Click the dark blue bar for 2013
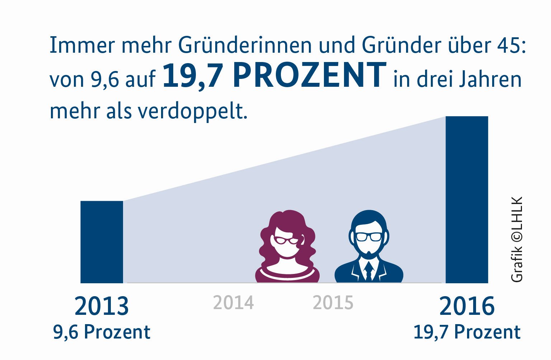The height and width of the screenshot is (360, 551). click(x=102, y=242)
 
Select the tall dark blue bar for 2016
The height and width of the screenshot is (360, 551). click(x=467, y=200)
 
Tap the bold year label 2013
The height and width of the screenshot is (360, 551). click(x=102, y=306)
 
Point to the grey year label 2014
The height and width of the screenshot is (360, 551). click(x=233, y=303)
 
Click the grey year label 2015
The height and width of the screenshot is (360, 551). click(x=333, y=303)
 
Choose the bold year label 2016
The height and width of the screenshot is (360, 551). click(x=467, y=306)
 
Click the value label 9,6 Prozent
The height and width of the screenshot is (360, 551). click(x=102, y=332)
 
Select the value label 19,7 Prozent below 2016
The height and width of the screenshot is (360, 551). click(x=467, y=332)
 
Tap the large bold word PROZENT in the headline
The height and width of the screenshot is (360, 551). click(x=309, y=75)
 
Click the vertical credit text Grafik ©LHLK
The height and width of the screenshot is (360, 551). click(x=517, y=239)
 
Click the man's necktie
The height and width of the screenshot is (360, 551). click(x=368, y=271)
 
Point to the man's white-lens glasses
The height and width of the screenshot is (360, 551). click(x=369, y=237)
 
